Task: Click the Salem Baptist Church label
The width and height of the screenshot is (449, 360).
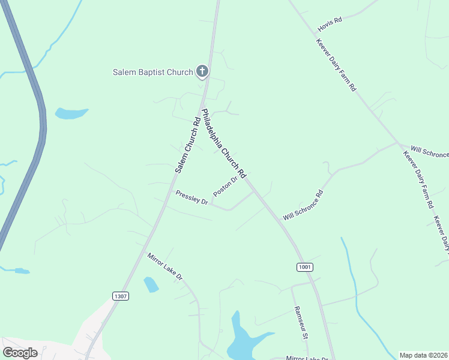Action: tap(152, 73)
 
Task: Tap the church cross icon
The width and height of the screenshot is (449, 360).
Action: tap(202, 72)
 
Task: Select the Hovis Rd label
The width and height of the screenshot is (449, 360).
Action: tap(330, 20)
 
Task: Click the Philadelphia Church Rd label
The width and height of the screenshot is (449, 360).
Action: tap(223, 143)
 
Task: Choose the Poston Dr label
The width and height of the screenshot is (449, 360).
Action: tap(226, 186)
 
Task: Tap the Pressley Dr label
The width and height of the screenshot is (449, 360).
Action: tap(191, 197)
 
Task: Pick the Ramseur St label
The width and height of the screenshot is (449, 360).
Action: tap(301, 323)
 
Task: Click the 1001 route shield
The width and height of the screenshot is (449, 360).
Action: tap(305, 266)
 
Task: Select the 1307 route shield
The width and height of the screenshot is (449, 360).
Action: tap(120, 296)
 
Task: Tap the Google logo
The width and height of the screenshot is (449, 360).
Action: tap(20, 353)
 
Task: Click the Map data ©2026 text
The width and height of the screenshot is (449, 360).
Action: tap(423, 355)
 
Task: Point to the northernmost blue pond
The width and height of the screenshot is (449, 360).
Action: tap(70, 113)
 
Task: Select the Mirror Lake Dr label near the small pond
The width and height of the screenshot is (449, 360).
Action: tap(164, 266)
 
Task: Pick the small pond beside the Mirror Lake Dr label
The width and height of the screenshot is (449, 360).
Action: tap(151, 284)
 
